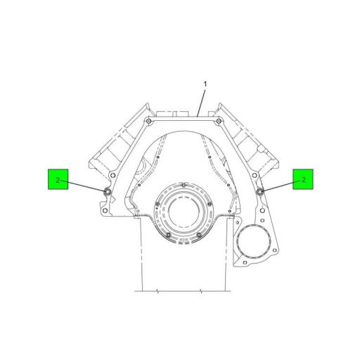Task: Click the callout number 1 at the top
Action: click(205, 84)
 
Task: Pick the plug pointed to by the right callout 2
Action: click(259, 191)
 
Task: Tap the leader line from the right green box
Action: click(278, 186)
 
